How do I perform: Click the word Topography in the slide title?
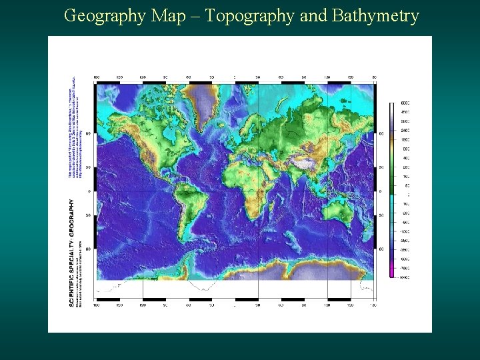pos(251,16)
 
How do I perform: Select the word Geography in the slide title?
pos(105,16)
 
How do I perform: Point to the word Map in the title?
pos(167,16)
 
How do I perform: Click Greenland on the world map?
pos(200,100)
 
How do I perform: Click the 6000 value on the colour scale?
pos(405,103)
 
